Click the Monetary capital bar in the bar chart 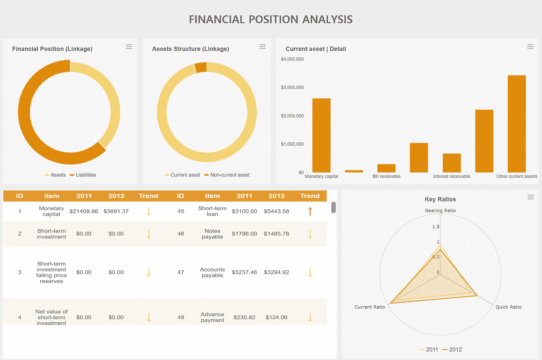tap(321, 135)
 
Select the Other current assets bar tap(517, 124)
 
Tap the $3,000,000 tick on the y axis tap(292, 87)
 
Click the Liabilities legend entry tap(83, 174)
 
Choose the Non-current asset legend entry tap(227, 174)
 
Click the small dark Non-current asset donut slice tap(201, 67)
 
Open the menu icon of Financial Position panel tap(129, 47)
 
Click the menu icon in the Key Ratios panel tap(531, 197)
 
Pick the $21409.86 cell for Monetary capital tap(84, 211)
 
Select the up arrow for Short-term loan tap(310, 211)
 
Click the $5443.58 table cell tap(277, 211)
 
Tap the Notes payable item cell tap(212, 234)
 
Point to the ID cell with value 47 tap(181, 272)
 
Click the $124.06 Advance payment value tap(277, 317)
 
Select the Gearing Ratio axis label tap(440, 210)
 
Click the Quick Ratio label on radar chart tap(509, 307)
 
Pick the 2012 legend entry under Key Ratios tap(452, 349)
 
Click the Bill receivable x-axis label tap(387, 176)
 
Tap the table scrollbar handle tap(333, 208)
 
